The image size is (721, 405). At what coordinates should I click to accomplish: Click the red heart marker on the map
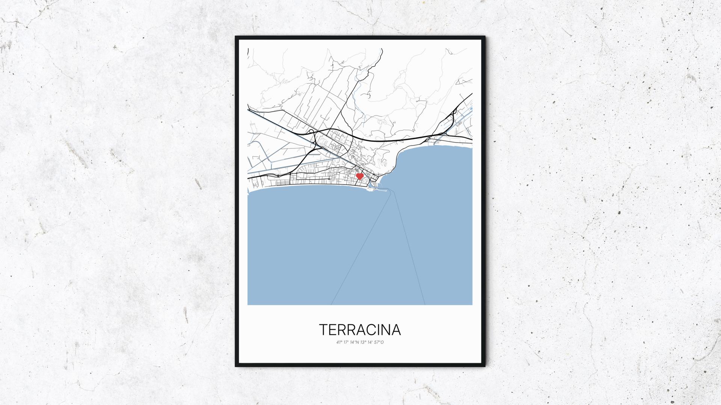(359, 175)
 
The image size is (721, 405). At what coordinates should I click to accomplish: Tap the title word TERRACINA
(360, 330)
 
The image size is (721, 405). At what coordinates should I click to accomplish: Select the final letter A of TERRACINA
(396, 330)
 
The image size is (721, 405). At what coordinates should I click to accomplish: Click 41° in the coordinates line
(339, 342)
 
